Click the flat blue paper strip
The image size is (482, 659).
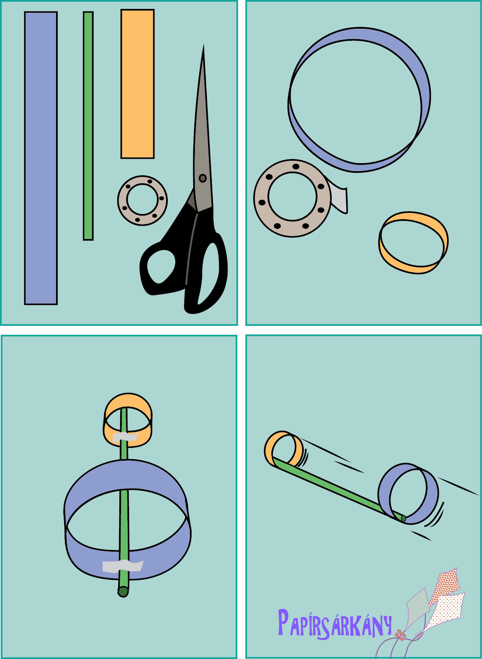click(x=41, y=158)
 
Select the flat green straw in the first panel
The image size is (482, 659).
click(x=88, y=126)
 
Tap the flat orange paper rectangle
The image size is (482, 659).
click(x=138, y=84)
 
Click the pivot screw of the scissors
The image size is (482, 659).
click(x=202, y=178)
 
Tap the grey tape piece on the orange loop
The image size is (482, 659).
click(x=125, y=437)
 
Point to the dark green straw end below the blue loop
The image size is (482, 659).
click(x=123, y=592)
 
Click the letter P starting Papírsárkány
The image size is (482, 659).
click(x=283, y=622)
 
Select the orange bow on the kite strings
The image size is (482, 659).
click(x=400, y=636)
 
